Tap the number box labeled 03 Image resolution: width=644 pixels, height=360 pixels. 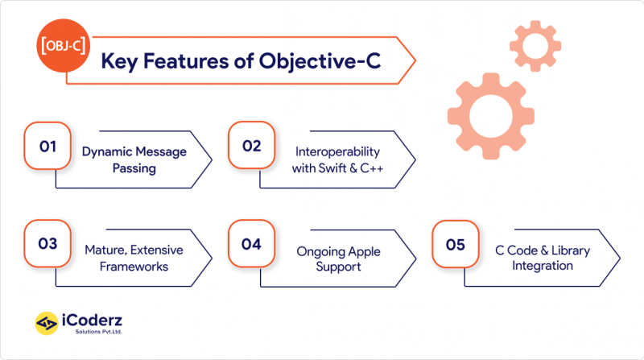47,245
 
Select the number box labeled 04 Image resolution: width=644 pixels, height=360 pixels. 251,245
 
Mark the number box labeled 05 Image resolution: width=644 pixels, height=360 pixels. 456,245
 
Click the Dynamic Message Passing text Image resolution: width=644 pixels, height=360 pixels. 134,159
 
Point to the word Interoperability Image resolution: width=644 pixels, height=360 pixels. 337,151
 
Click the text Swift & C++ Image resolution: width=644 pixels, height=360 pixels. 337,168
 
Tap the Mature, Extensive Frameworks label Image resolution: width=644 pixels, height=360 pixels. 134,258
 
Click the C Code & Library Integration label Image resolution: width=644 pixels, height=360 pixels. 541,258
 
